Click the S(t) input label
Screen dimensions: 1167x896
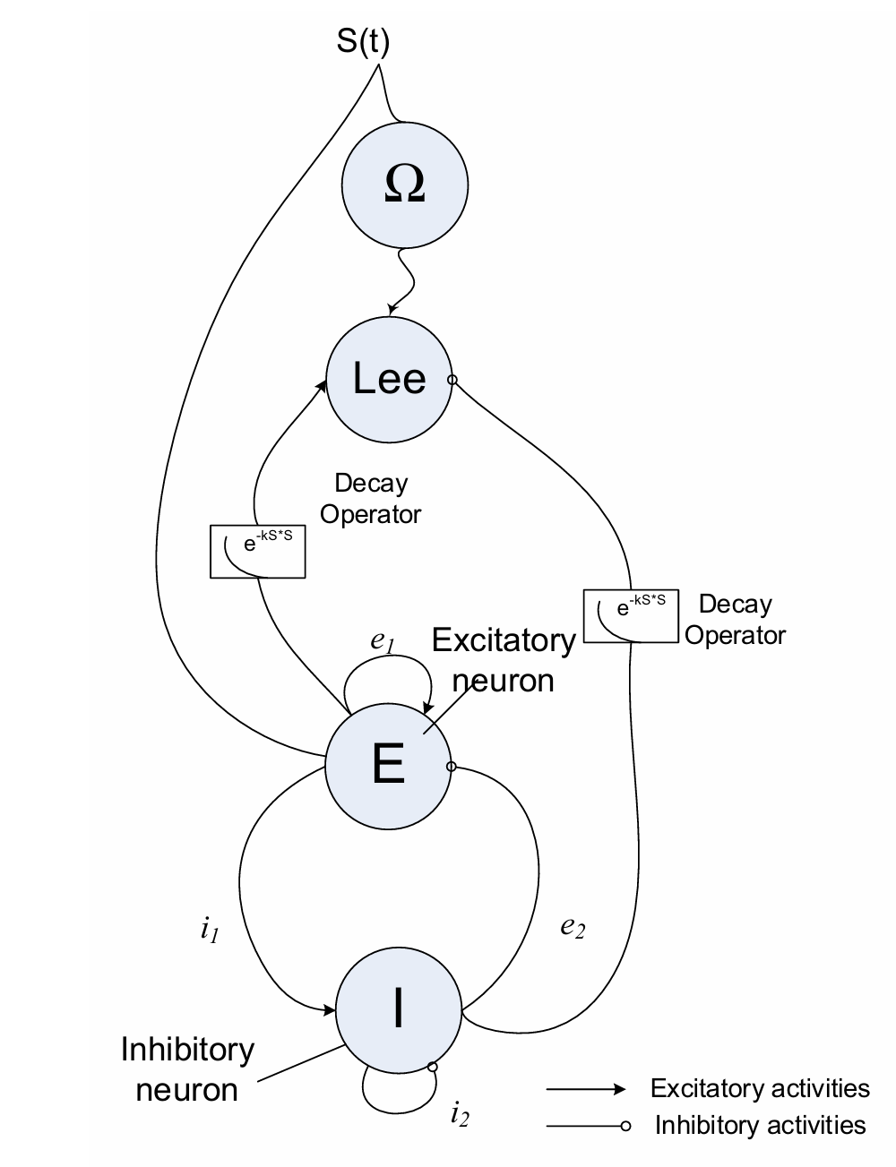[x=364, y=43]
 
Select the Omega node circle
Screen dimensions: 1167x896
[x=404, y=185]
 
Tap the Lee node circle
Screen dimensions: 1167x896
[x=389, y=379]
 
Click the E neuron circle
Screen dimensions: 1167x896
[x=388, y=765]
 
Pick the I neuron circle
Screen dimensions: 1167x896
[x=398, y=1009]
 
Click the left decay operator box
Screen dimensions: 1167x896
[x=257, y=551]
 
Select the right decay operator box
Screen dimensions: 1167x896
[x=630, y=615]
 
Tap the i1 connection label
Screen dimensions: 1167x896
[x=210, y=931]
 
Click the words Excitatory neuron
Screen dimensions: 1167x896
[x=504, y=660]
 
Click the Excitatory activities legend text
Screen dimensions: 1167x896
[x=760, y=1088]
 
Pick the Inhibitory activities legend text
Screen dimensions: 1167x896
[x=760, y=1125]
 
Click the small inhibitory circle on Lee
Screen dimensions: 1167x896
[x=452, y=381]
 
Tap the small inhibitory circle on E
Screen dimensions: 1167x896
[x=451, y=767]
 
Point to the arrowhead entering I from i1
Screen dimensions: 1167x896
[x=330, y=1010]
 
